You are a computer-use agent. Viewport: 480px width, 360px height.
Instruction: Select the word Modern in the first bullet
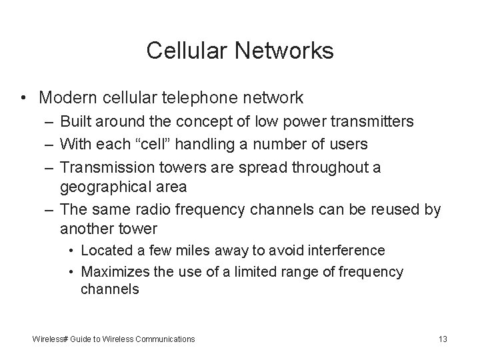click(67, 98)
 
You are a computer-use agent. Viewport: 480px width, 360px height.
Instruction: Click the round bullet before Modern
click(24, 98)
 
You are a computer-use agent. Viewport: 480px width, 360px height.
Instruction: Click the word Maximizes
click(114, 272)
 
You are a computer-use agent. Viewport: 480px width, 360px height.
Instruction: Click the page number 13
click(443, 339)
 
